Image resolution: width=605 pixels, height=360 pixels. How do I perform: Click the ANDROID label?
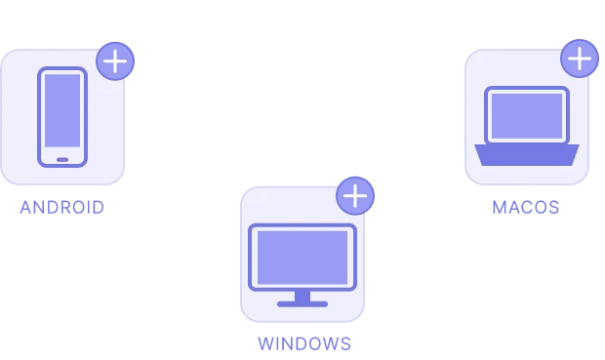click(62, 208)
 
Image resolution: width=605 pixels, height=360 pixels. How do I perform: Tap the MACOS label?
click(526, 208)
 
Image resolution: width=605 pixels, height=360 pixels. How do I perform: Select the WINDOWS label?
click(304, 343)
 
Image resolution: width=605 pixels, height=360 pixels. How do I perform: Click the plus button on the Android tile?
click(115, 60)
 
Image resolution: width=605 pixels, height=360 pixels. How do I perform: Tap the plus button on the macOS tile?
click(580, 59)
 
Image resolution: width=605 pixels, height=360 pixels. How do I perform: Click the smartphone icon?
click(62, 117)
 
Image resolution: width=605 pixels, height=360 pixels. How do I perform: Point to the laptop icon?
click(527, 126)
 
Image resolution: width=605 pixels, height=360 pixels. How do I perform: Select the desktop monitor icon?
click(302, 265)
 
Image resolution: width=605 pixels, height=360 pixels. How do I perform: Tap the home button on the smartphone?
click(62, 160)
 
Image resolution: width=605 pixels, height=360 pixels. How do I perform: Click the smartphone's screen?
click(62, 111)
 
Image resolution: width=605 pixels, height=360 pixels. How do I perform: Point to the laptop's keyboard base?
click(527, 155)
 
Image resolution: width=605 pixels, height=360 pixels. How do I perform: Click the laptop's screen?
click(527, 116)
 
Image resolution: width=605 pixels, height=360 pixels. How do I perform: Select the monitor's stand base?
click(302, 304)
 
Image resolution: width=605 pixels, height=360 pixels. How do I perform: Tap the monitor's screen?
click(302, 258)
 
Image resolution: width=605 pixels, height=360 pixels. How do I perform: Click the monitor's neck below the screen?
click(302, 297)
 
